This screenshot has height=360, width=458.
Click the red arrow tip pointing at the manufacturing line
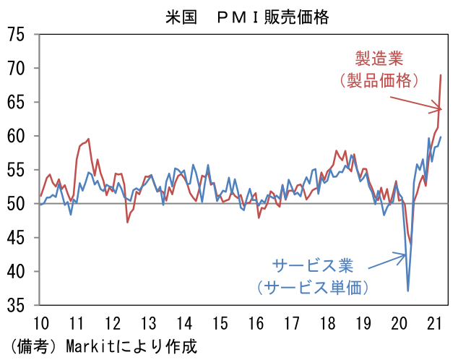(441, 109)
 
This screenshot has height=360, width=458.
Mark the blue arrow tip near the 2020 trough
(406, 254)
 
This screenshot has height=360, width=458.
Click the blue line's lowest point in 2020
(408, 291)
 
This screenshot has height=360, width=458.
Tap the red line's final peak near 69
(441, 75)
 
